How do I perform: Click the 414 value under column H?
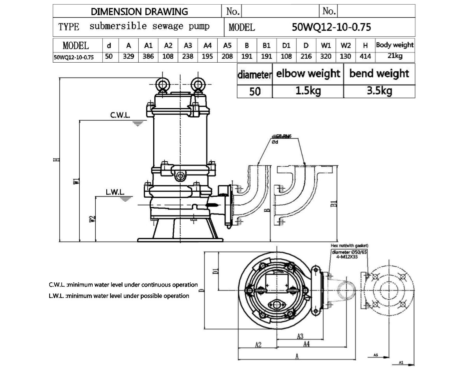tap(365, 56)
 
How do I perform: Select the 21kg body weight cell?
tap(395, 56)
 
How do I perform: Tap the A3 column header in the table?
tap(188, 45)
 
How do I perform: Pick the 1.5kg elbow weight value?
tap(308, 92)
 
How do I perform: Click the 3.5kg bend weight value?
tap(379, 92)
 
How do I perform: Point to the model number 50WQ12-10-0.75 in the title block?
tap(331, 27)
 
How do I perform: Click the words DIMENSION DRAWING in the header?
tap(139, 11)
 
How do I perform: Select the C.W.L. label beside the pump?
tap(120, 116)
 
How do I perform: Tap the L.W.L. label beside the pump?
tap(115, 192)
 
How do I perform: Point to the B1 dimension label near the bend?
tap(333, 204)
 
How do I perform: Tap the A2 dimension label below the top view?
tap(258, 345)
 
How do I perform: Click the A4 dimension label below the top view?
tap(306, 344)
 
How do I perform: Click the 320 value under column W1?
tap(326, 56)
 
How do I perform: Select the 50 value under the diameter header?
tap(254, 92)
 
